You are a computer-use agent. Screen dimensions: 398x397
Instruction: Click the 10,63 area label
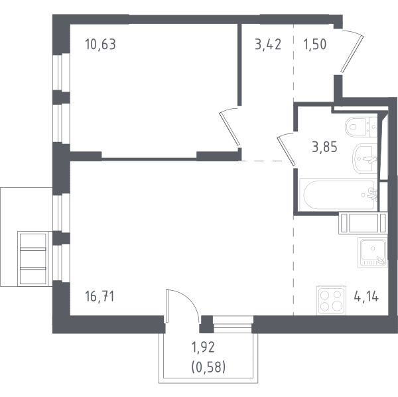100,44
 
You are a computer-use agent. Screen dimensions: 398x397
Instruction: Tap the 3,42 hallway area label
268,44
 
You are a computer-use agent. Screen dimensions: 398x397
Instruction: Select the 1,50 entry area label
314,44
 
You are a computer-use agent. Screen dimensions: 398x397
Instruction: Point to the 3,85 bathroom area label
324,147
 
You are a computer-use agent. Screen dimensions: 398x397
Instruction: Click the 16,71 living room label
99,296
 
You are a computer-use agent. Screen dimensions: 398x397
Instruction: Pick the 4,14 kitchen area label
366,296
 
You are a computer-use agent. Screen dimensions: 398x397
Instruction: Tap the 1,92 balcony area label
204,347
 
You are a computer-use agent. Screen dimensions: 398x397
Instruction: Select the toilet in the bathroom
361,127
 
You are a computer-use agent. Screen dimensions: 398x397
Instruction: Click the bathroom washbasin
365,158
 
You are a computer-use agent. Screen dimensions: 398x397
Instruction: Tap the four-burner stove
331,301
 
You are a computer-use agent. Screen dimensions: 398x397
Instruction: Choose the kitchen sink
373,252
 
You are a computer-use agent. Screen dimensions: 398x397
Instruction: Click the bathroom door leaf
286,151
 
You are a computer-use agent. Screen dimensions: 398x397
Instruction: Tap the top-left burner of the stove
324,295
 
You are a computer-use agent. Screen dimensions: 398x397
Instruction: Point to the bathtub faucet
372,194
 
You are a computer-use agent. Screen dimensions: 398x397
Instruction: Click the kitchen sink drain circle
373,248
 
